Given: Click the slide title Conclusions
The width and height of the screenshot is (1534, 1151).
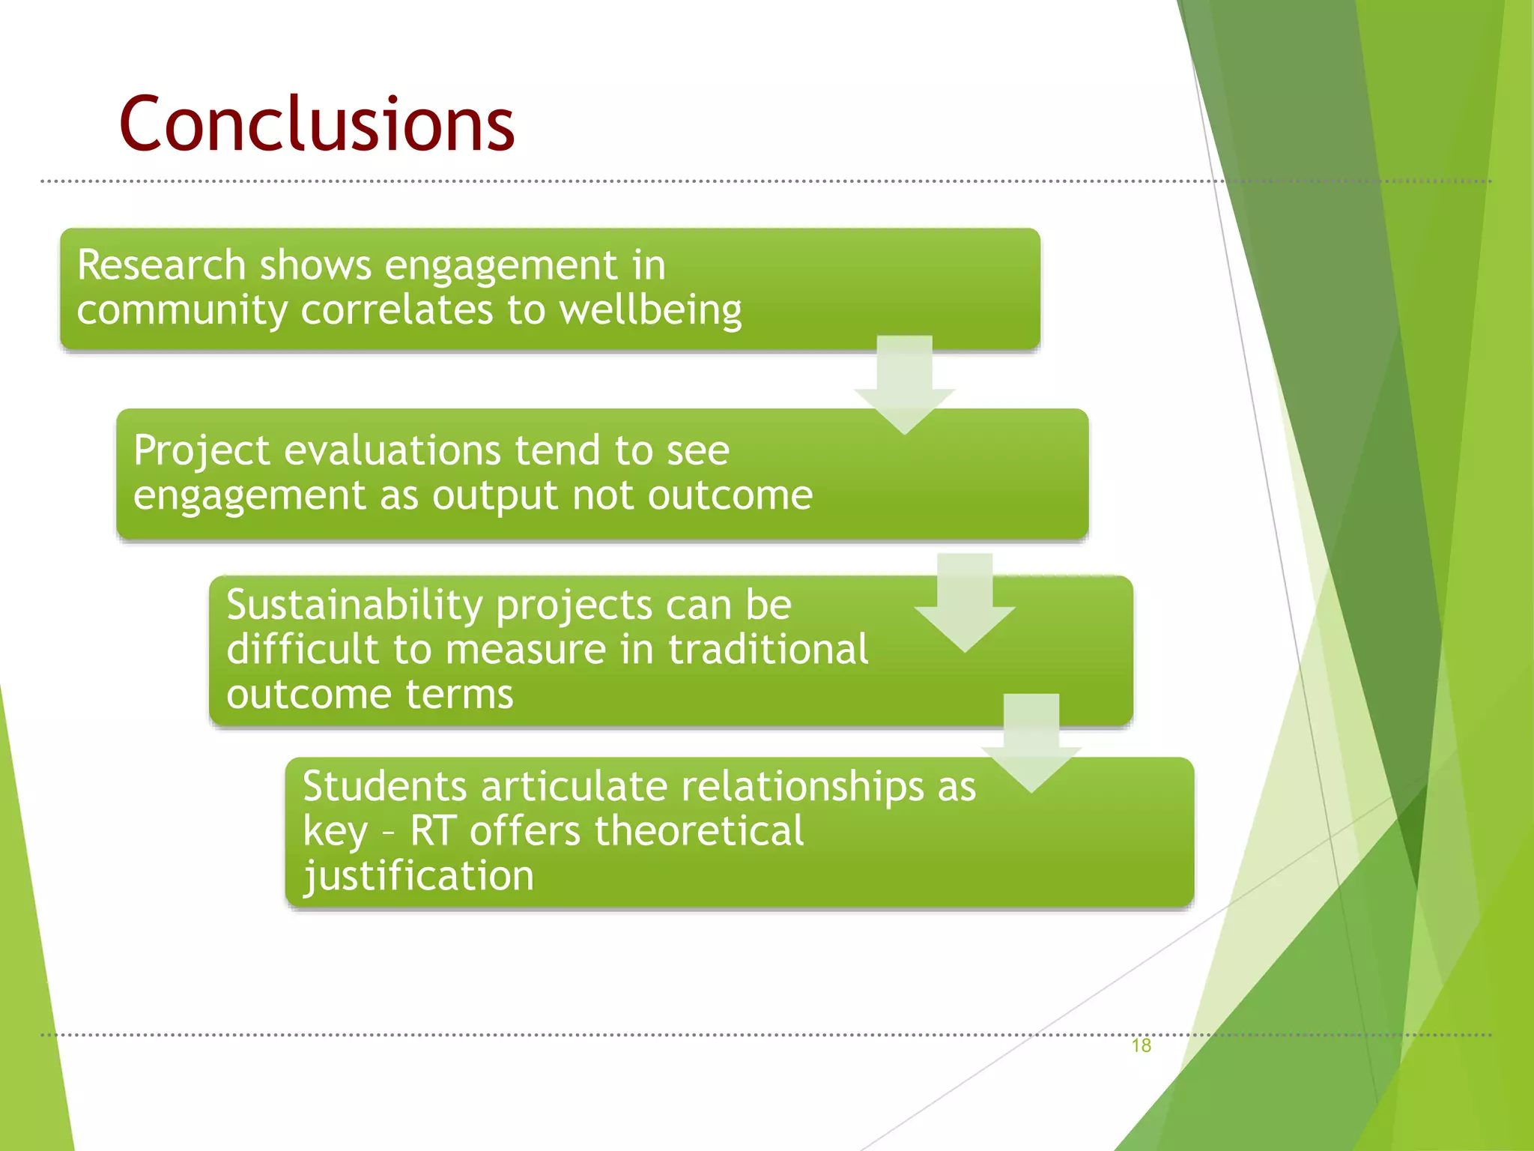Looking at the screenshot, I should click(x=317, y=124).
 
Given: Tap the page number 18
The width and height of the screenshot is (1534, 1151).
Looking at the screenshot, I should click(x=1141, y=1045).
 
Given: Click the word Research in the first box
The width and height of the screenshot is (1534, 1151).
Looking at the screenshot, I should click(x=161, y=265).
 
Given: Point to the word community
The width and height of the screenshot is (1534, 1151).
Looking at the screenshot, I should click(x=182, y=310).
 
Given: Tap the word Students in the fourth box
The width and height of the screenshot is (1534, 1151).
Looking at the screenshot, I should click(x=385, y=787).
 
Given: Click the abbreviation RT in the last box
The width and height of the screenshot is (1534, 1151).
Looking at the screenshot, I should click(x=432, y=831).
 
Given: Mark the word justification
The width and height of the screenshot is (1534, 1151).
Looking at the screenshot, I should click(x=418, y=876).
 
